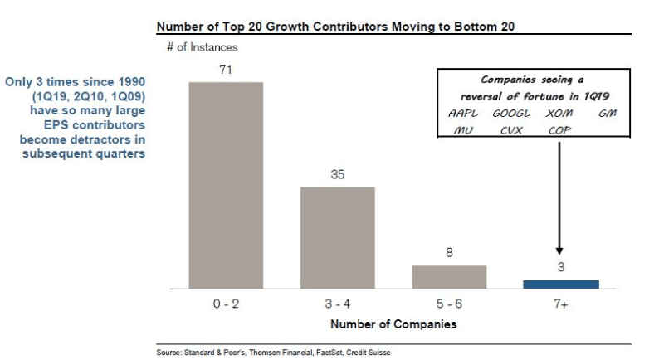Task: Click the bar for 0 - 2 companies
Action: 226,185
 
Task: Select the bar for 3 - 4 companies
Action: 337,237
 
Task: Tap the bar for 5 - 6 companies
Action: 449,277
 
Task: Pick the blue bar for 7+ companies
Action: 561,285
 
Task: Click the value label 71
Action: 226,71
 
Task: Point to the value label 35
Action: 337,176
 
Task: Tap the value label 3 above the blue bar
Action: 561,268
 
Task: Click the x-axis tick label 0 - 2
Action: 226,304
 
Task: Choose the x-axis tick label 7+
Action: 561,304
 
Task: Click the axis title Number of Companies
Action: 393,324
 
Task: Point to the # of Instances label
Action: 202,48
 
